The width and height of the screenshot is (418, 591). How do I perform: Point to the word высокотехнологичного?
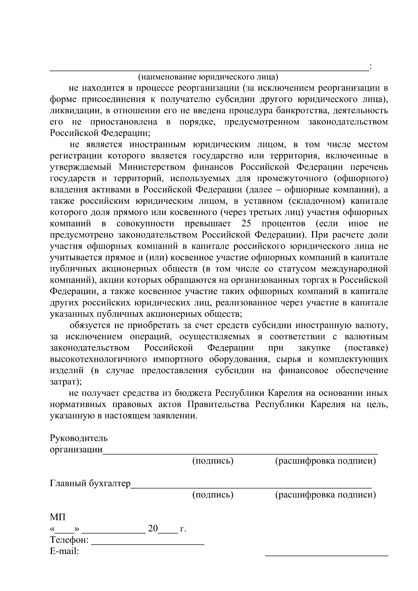[x=98, y=359]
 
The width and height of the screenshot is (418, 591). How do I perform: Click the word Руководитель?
[x=79, y=438]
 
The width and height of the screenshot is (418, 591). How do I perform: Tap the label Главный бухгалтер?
[x=90, y=484]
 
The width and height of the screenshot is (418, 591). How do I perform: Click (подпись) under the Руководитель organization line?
[x=213, y=461]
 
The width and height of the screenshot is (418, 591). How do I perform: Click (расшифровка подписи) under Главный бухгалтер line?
[x=326, y=495]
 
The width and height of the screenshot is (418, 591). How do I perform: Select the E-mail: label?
[x=64, y=552]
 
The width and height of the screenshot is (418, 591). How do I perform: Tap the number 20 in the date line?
[x=153, y=529]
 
